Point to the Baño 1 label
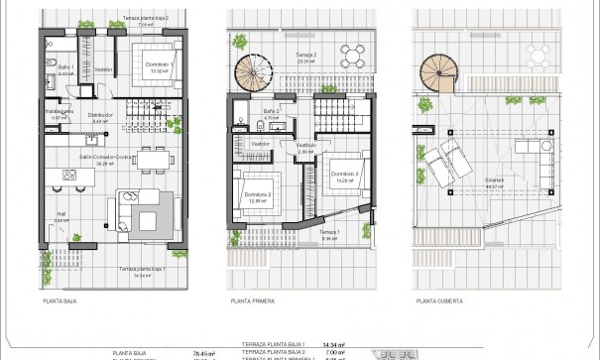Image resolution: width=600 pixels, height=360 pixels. (x=66, y=67)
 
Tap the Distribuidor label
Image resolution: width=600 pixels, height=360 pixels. (x=99, y=116)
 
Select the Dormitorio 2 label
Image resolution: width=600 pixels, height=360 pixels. (x=257, y=195)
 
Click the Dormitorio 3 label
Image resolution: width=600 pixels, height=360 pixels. (x=345, y=174)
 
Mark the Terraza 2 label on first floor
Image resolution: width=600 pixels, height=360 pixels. (x=305, y=56)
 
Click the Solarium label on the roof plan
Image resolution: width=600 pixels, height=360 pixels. (x=495, y=180)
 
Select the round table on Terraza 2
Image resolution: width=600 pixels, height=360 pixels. (x=347, y=52)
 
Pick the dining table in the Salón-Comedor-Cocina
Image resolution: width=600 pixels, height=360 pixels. (x=151, y=159)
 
